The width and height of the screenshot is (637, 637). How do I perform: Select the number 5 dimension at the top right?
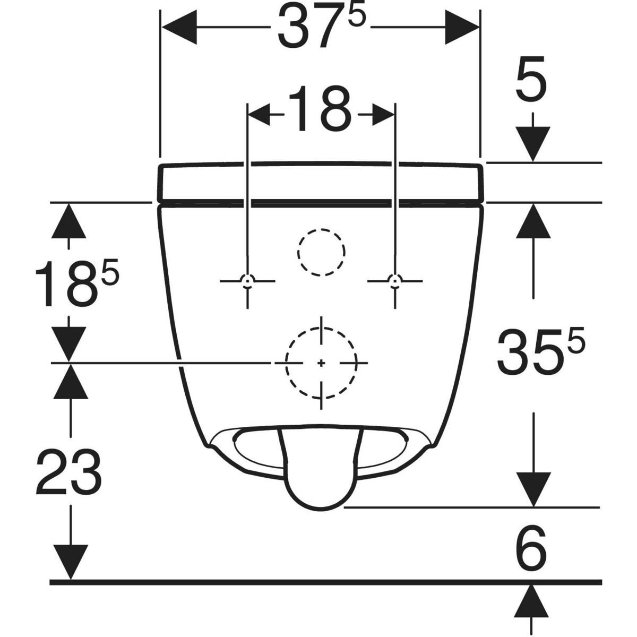pyautogui.click(x=531, y=85)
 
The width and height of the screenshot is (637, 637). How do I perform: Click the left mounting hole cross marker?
pyautogui.click(x=247, y=280)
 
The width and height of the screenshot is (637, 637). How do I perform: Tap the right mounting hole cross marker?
pyautogui.click(x=394, y=280)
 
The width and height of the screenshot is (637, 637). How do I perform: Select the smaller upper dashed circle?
pyautogui.click(x=321, y=252)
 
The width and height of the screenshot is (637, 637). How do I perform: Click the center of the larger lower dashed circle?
pyautogui.click(x=321, y=363)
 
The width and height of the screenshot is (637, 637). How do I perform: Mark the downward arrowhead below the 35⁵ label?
pyautogui.click(x=533, y=489)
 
